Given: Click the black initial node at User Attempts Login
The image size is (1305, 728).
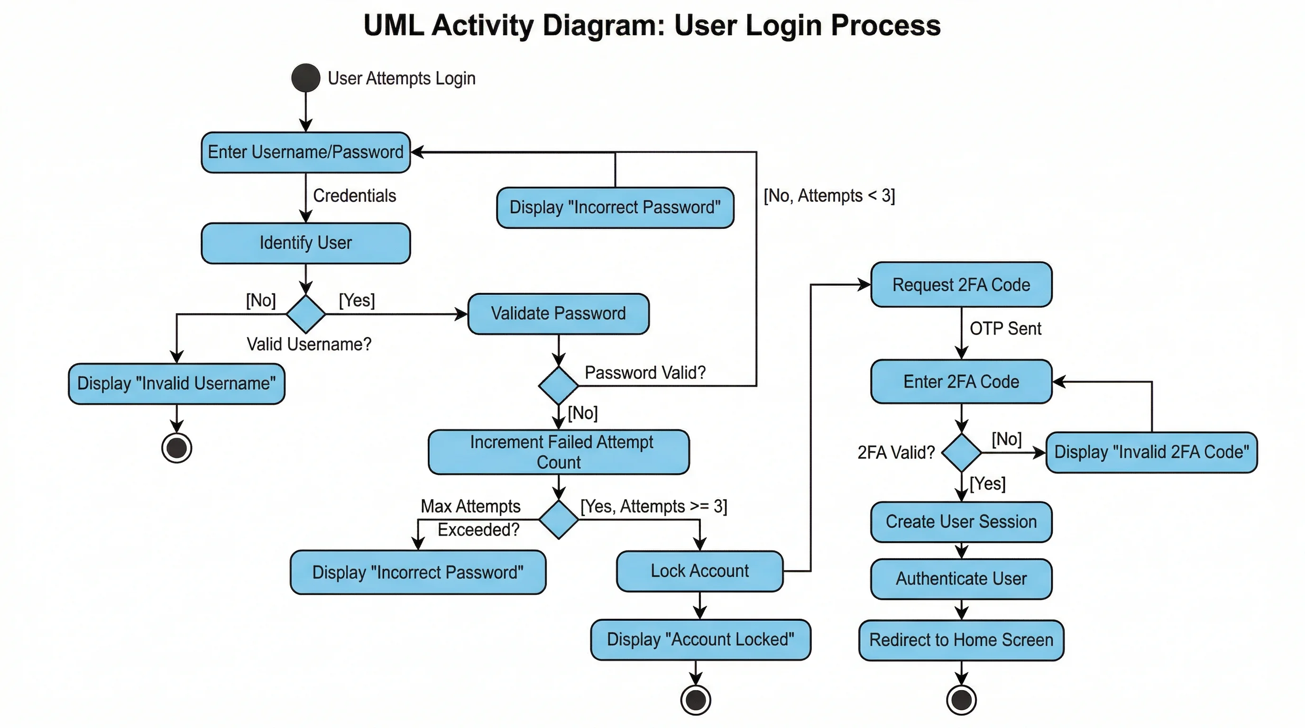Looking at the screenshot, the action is [305, 78].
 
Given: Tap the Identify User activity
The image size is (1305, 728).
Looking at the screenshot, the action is [305, 243].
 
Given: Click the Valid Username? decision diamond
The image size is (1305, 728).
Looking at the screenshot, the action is [305, 314].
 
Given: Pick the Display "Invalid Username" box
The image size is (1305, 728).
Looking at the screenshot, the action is [176, 383].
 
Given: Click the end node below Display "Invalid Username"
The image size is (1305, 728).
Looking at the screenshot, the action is [176, 447].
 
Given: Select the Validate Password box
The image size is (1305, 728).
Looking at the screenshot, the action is [558, 313].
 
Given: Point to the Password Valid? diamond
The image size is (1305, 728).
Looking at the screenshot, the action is [558, 386].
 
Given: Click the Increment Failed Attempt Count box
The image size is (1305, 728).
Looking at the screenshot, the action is [558, 452].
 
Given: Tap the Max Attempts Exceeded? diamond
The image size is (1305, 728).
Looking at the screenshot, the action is [558, 519].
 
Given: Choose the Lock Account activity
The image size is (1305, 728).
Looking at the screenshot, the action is [699, 571].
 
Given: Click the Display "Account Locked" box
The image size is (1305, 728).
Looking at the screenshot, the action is [700, 639].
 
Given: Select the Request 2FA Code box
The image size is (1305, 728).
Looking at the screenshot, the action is [961, 284].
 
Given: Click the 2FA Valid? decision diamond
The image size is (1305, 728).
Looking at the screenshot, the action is [961, 452].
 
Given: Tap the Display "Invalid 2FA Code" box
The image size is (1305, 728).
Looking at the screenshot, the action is [1151, 452].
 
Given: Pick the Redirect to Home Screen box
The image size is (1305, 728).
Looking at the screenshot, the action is [961, 640].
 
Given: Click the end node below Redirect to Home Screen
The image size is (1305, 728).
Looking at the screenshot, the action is [961, 700].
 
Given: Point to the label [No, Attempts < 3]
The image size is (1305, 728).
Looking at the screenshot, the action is [829, 195].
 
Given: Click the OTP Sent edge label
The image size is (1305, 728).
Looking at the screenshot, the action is [1005, 328].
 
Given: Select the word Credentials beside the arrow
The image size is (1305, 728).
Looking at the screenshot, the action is [354, 195].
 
